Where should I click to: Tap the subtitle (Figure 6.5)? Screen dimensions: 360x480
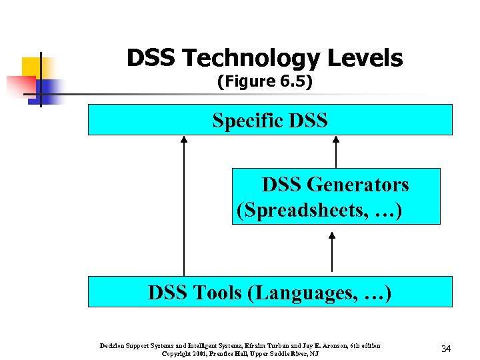[265, 82]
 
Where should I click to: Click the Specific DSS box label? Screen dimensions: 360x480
[270, 121]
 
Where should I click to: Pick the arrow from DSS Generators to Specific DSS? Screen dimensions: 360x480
[336, 152]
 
